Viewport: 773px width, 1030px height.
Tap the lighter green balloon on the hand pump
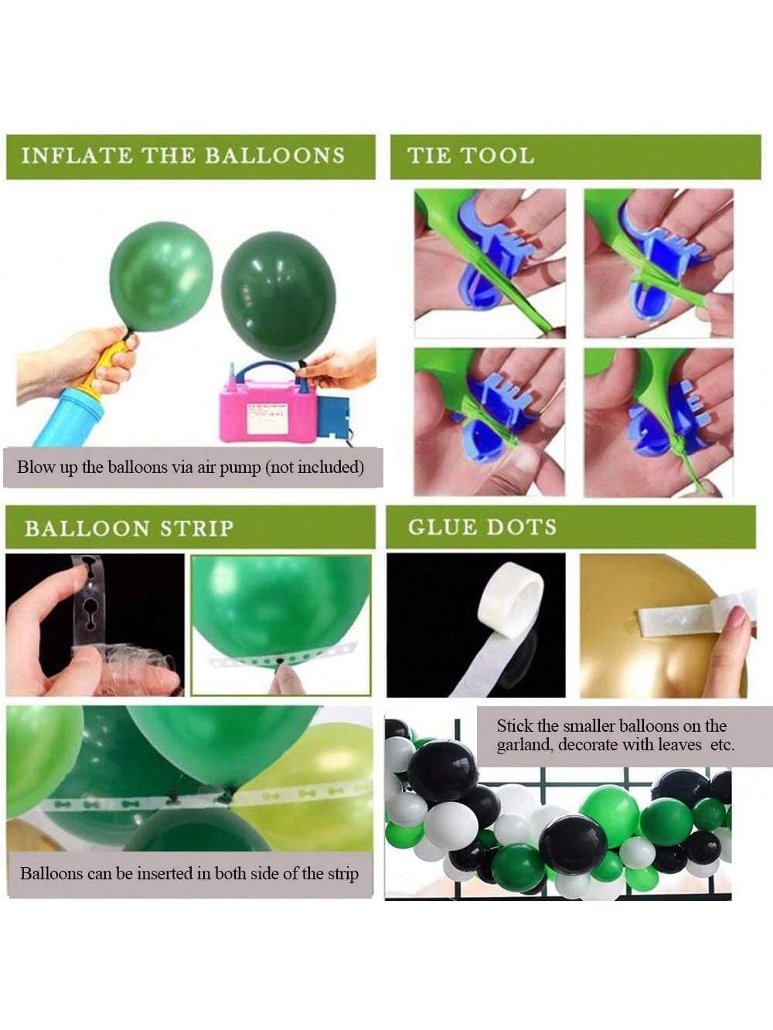pos(161,277)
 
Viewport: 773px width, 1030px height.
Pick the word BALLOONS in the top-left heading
pos(274,156)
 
